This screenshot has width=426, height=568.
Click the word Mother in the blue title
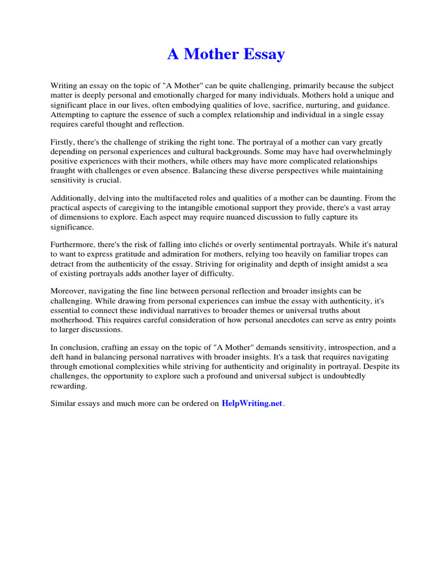pos(211,54)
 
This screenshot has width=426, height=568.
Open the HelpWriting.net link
pos(252,403)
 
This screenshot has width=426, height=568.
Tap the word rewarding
pos(69,385)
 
